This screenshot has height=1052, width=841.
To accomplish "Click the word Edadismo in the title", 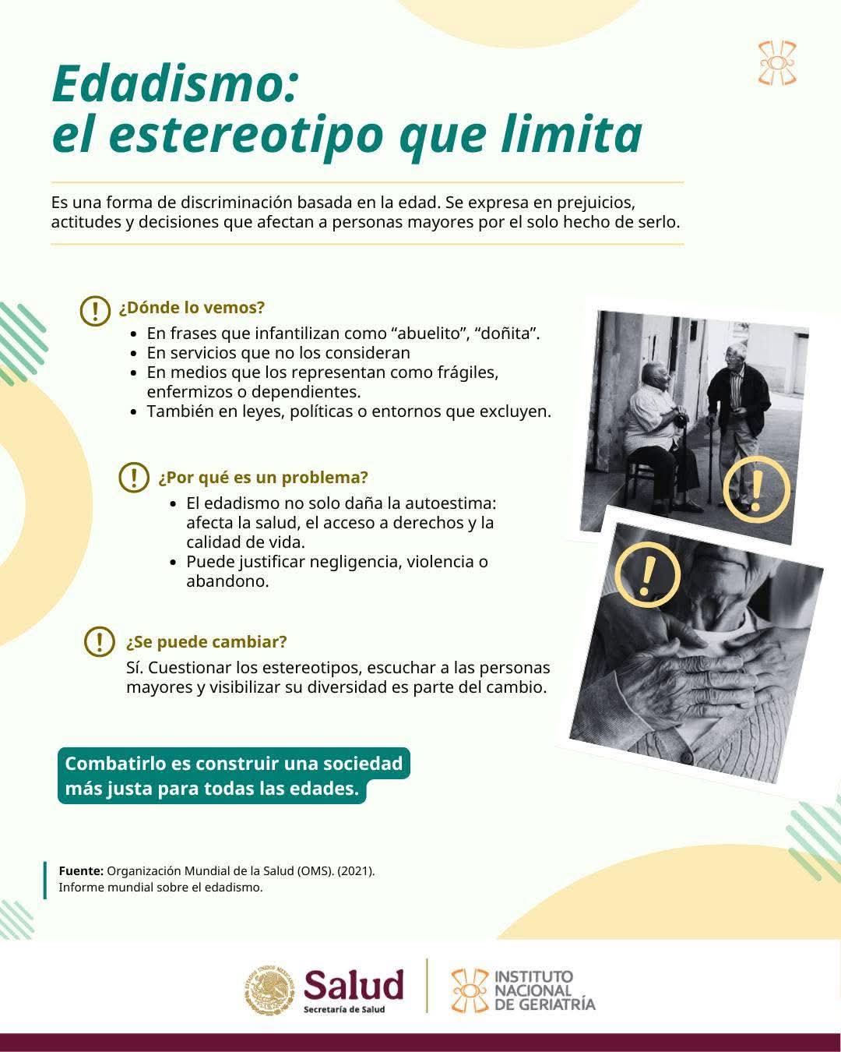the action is (174, 83).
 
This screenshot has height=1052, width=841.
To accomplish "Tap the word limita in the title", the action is (571, 133).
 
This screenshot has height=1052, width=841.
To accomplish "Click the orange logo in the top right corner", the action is (777, 63).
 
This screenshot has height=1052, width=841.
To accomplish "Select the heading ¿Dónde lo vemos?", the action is (192, 308).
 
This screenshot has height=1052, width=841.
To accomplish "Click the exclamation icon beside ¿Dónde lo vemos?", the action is (95, 310).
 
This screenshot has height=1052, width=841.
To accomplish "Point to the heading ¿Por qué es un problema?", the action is (263, 477).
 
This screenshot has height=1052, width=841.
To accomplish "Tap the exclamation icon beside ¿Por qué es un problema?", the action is (134, 477).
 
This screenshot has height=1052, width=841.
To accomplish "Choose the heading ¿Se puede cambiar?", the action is (206, 641).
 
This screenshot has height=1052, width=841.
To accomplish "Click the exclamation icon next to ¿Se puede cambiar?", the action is (100, 641).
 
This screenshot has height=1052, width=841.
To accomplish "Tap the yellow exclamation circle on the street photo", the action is (756, 489).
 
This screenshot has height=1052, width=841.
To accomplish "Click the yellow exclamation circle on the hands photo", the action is (647, 574).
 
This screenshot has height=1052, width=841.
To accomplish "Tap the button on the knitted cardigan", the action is (686, 758).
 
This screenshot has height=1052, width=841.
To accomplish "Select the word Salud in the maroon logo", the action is (354, 984).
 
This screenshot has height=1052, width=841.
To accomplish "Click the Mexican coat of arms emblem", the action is (269, 990).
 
